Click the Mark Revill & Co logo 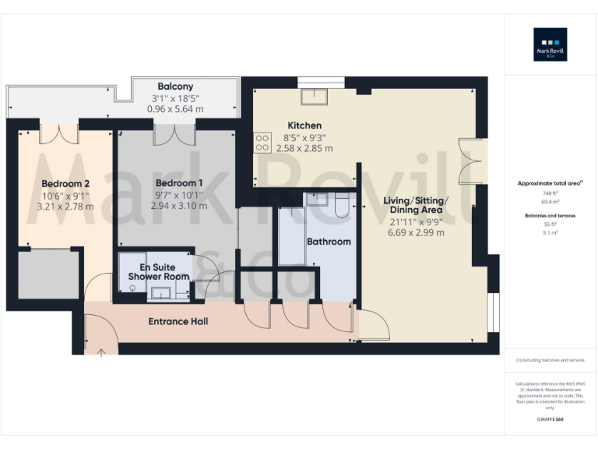point(550,44)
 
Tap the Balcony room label point(175,87)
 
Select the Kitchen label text point(304,126)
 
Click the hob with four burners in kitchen point(262,143)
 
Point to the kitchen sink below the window point(314,95)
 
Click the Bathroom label point(328,242)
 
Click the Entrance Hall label point(178,321)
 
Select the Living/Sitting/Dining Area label point(415,205)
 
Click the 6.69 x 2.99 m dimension point(415,232)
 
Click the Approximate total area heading point(550,183)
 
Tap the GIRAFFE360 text point(550,419)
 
